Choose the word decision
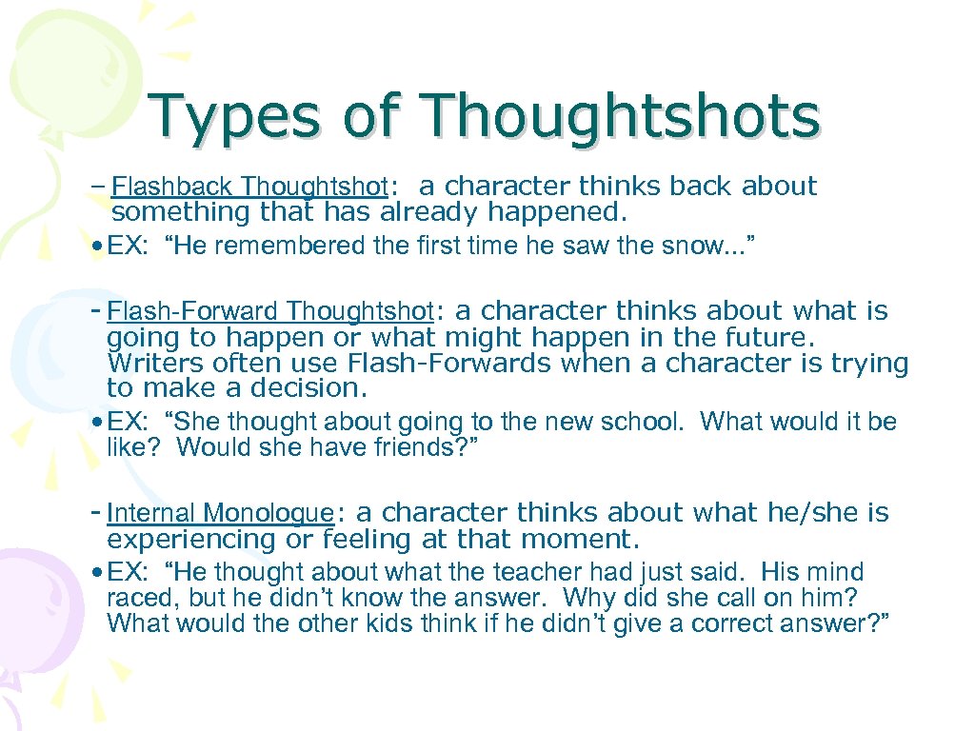308,388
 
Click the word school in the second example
645,422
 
